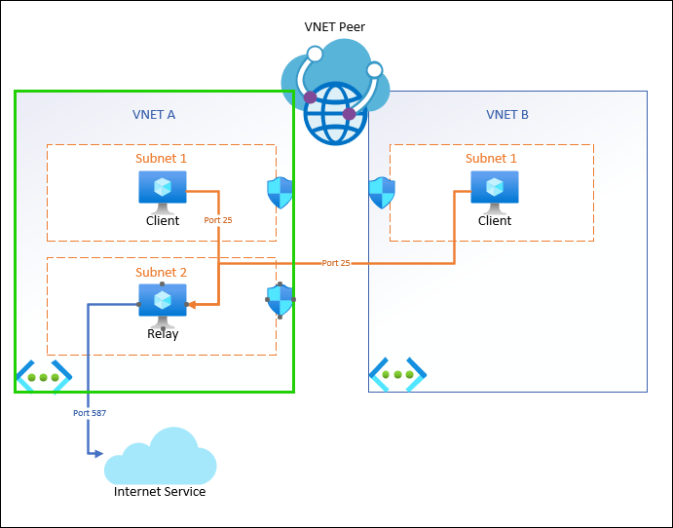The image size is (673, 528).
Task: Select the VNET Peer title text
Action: pyautogui.click(x=336, y=26)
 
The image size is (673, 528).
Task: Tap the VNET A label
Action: pyautogui.click(x=154, y=114)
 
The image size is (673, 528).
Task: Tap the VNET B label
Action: pyautogui.click(x=507, y=114)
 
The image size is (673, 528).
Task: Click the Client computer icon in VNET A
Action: pyautogui.click(x=162, y=190)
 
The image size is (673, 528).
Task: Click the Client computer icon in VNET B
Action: pyautogui.click(x=495, y=190)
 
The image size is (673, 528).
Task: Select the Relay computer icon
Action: pyautogui.click(x=162, y=304)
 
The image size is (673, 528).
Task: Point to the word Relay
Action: pyautogui.click(x=163, y=333)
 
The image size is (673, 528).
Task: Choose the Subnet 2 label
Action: pyautogui.click(x=161, y=272)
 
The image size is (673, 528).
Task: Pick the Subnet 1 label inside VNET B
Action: pyautogui.click(x=491, y=158)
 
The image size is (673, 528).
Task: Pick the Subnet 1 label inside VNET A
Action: pyautogui.click(x=161, y=158)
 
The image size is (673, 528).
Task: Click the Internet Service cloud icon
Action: pyautogui.click(x=160, y=458)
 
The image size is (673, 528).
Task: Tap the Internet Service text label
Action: pyautogui.click(x=160, y=491)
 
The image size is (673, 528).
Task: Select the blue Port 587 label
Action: pyautogui.click(x=90, y=413)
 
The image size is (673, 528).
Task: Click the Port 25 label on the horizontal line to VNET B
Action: pyautogui.click(x=336, y=263)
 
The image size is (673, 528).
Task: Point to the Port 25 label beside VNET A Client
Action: pyautogui.click(x=218, y=220)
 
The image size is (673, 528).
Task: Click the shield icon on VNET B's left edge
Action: pyautogui.click(x=382, y=193)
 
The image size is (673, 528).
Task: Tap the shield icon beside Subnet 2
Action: pyautogui.click(x=280, y=300)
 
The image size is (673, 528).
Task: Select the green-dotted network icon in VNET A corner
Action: pyautogui.click(x=43, y=376)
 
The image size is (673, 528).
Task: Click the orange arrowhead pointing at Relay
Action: pyautogui.click(x=192, y=304)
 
